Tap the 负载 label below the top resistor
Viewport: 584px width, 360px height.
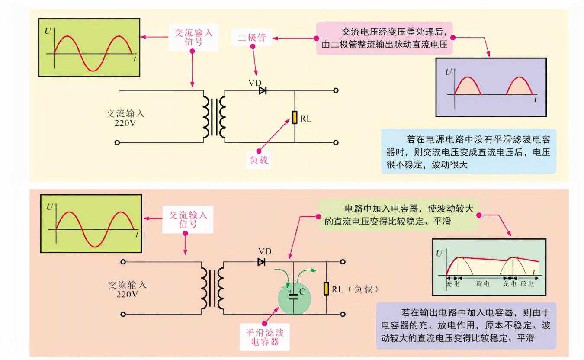(260, 160)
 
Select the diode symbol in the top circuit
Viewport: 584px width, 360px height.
(263, 90)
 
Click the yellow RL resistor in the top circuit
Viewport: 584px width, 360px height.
(295, 117)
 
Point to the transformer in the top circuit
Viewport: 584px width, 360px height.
(215, 116)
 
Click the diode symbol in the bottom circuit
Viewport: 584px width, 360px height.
(261, 262)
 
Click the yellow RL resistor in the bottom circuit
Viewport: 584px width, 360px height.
(326, 289)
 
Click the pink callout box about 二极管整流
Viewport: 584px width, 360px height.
(385, 38)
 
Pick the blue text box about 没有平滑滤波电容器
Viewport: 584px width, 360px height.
(468, 151)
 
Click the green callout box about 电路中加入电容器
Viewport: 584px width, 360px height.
(398, 215)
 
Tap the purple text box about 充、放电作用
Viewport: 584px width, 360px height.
(466, 325)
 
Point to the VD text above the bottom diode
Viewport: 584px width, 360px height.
(264, 251)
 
